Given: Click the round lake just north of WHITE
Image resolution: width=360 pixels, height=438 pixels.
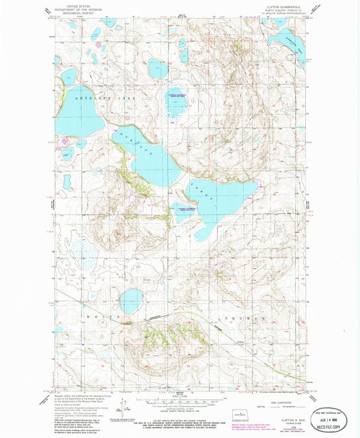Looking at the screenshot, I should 131,300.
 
